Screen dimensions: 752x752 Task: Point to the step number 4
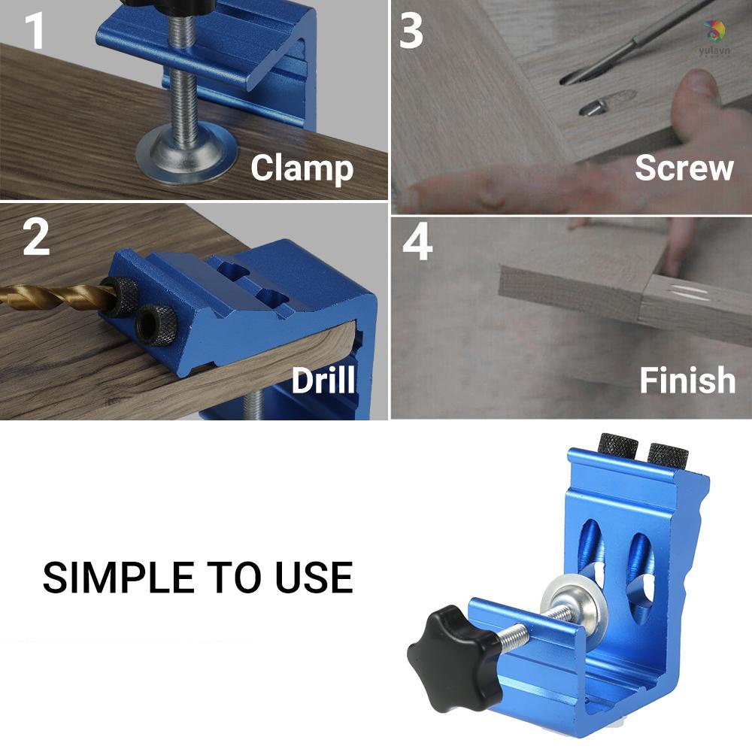[x=418, y=242]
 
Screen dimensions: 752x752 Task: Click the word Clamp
[x=302, y=168]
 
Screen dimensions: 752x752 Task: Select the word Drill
[x=323, y=381]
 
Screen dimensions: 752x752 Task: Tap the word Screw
[x=684, y=168]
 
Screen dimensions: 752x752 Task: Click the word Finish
[x=687, y=381]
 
